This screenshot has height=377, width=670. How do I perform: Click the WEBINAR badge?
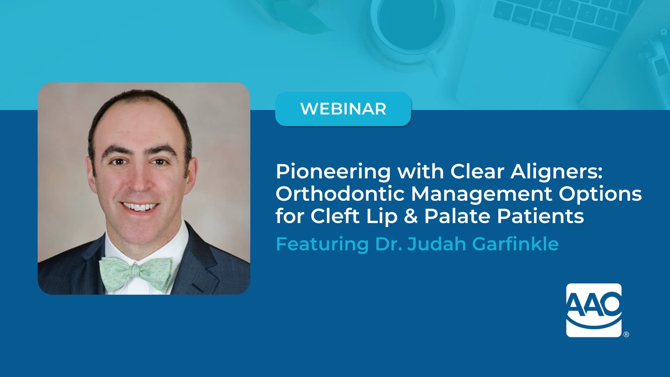(x=343, y=109)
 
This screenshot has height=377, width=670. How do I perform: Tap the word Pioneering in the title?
(x=333, y=172)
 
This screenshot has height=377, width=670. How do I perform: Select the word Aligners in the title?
(x=556, y=172)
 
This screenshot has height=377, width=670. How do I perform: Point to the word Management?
(x=482, y=194)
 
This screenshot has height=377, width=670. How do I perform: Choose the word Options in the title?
(x=600, y=194)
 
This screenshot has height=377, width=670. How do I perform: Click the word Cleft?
(x=335, y=216)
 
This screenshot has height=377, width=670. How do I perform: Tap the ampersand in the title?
(x=411, y=216)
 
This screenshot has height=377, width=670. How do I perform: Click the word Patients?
(x=541, y=216)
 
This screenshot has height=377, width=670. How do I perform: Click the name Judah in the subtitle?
(x=437, y=244)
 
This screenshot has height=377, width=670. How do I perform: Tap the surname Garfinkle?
(x=515, y=244)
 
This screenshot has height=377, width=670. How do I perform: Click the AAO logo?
(x=594, y=310)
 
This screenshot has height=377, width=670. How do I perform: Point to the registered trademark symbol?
(x=626, y=334)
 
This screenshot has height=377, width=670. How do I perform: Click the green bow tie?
(x=136, y=273)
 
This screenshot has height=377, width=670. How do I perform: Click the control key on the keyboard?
(x=522, y=19)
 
